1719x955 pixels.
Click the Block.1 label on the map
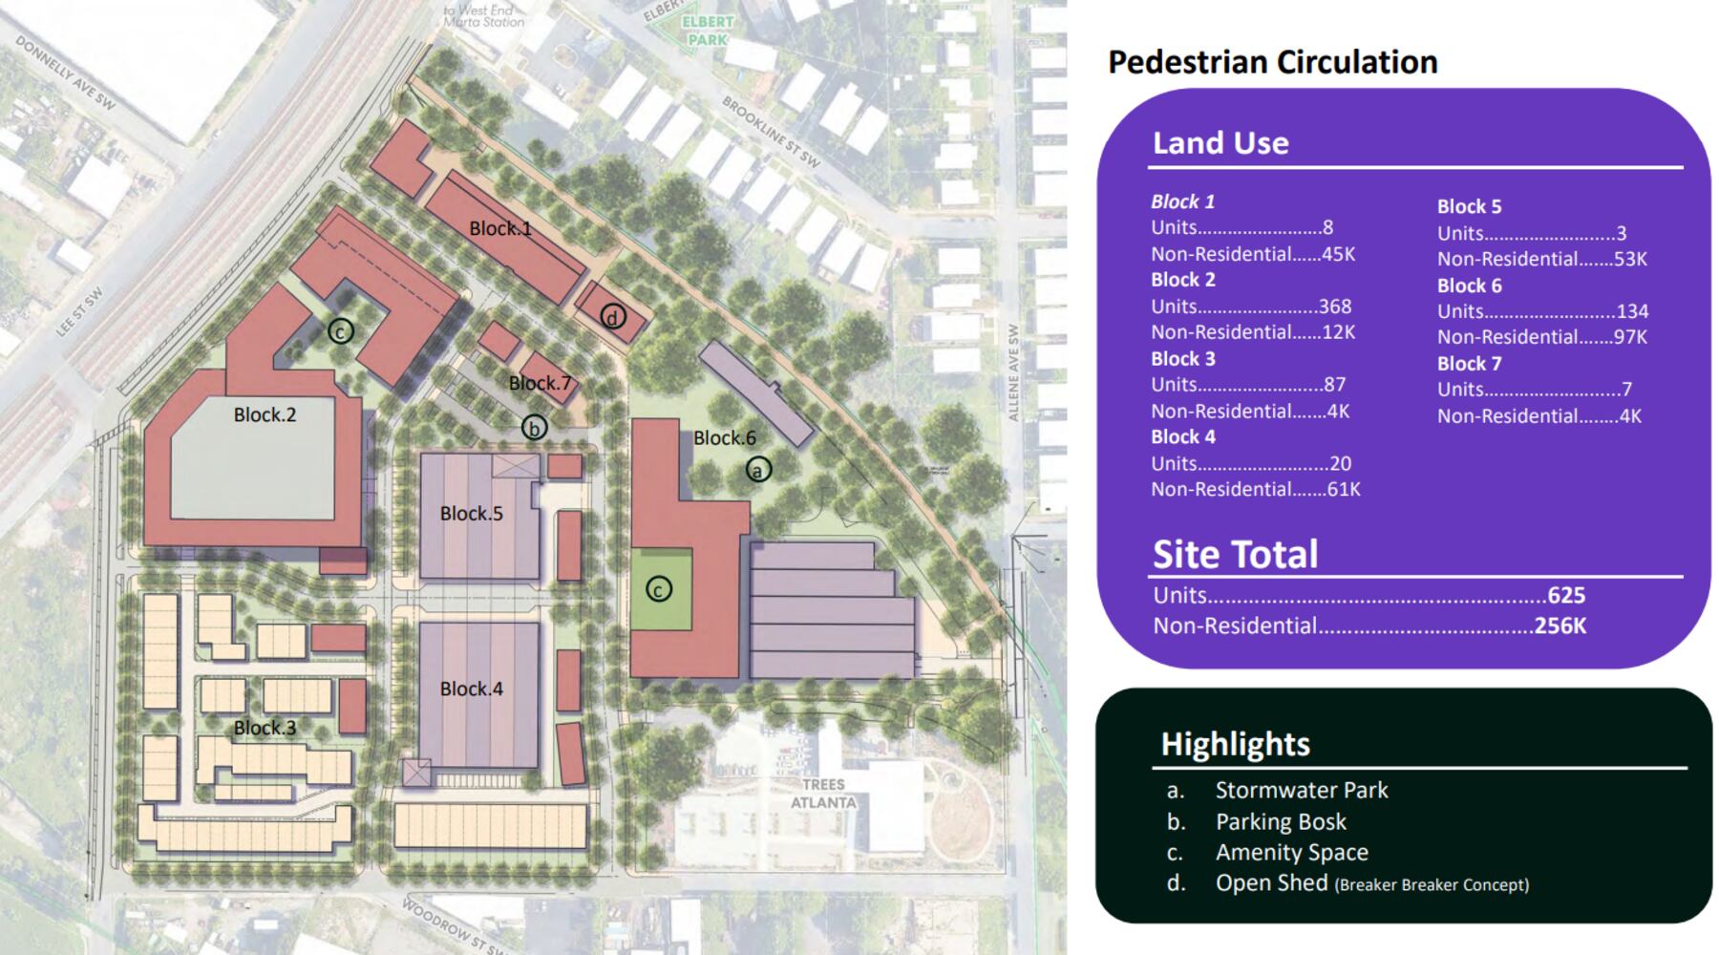(x=499, y=228)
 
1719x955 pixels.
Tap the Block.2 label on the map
(x=265, y=414)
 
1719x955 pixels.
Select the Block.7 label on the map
(x=540, y=383)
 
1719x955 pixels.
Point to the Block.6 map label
(x=724, y=438)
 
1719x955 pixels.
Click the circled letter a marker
(x=758, y=470)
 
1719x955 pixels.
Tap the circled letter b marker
(x=534, y=428)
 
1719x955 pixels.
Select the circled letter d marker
(x=613, y=317)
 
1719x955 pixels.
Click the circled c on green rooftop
(x=658, y=590)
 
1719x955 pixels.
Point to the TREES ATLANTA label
(x=822, y=794)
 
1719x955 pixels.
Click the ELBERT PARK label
(x=708, y=31)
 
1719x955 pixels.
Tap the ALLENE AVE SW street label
(x=1013, y=372)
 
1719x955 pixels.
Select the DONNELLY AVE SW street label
(x=65, y=74)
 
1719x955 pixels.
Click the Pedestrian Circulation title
(x=1272, y=62)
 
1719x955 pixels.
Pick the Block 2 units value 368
(x=1334, y=307)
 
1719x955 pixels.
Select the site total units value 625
(x=1566, y=596)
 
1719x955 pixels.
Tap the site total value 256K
(x=1560, y=626)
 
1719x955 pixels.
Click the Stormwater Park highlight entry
(x=1301, y=791)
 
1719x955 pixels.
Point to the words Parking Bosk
(x=1280, y=822)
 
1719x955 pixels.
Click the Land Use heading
(x=1220, y=143)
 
